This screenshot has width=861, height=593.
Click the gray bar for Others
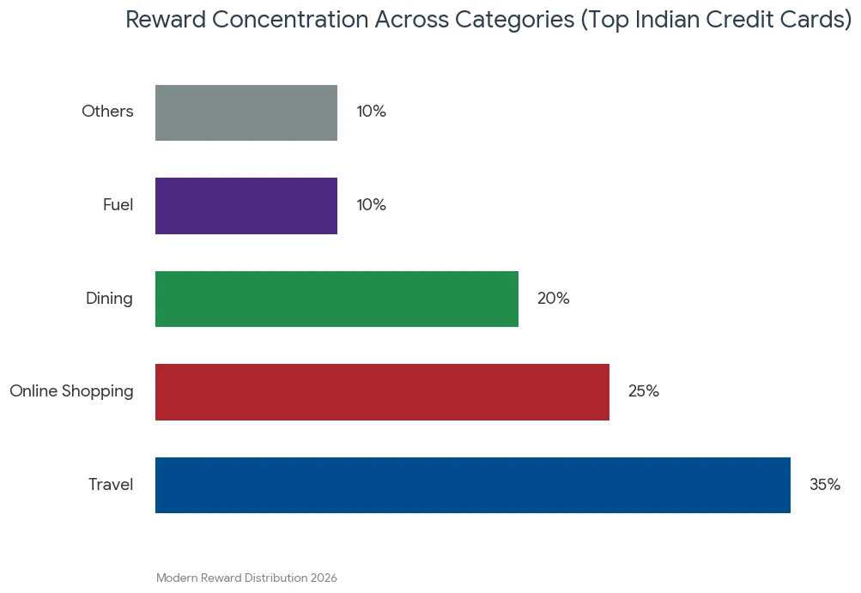click(246, 112)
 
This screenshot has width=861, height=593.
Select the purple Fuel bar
click(246, 206)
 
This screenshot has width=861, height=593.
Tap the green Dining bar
click(337, 299)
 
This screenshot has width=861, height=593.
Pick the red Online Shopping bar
click(382, 392)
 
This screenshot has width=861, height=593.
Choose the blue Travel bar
click(473, 486)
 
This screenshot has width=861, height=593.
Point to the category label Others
click(107, 112)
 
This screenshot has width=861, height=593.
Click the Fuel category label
click(118, 205)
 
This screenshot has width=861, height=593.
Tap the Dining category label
click(109, 298)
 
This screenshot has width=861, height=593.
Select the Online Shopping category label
click(71, 391)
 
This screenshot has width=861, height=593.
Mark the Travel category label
click(111, 484)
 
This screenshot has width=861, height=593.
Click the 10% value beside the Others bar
click(371, 112)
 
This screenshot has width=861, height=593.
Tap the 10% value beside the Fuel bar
click(371, 205)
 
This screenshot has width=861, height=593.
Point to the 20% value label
click(554, 298)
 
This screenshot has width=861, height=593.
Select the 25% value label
click(644, 391)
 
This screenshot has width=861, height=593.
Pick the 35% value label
click(825, 484)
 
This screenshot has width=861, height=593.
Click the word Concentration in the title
click(290, 20)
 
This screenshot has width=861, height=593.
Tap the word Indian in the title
click(667, 20)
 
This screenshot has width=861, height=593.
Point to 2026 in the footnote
click(324, 578)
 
